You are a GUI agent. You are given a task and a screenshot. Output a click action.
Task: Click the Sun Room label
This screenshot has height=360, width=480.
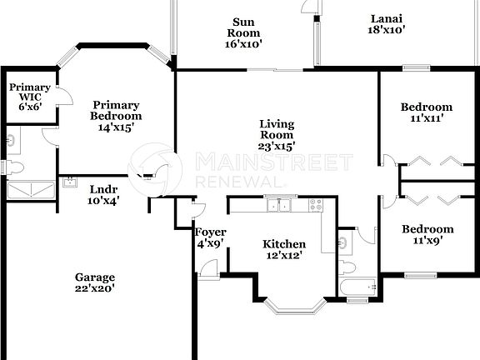tap(243, 34)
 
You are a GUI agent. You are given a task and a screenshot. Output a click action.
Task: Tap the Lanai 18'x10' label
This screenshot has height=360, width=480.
tap(387, 23)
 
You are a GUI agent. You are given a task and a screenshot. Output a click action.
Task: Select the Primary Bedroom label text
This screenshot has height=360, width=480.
tap(116, 116)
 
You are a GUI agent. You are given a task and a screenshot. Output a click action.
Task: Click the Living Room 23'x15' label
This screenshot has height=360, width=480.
tap(277, 135)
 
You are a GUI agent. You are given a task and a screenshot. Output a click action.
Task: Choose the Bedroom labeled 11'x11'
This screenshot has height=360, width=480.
tap(426, 112)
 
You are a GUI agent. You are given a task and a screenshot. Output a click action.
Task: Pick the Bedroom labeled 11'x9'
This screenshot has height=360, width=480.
tap(427, 235)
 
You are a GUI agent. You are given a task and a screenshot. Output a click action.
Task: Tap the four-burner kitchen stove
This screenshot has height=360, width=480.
tap(315, 205)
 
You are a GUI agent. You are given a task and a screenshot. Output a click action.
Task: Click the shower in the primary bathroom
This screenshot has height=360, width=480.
tap(30, 190)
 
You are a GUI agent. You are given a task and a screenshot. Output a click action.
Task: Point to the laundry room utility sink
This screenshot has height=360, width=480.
tap(67, 181)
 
